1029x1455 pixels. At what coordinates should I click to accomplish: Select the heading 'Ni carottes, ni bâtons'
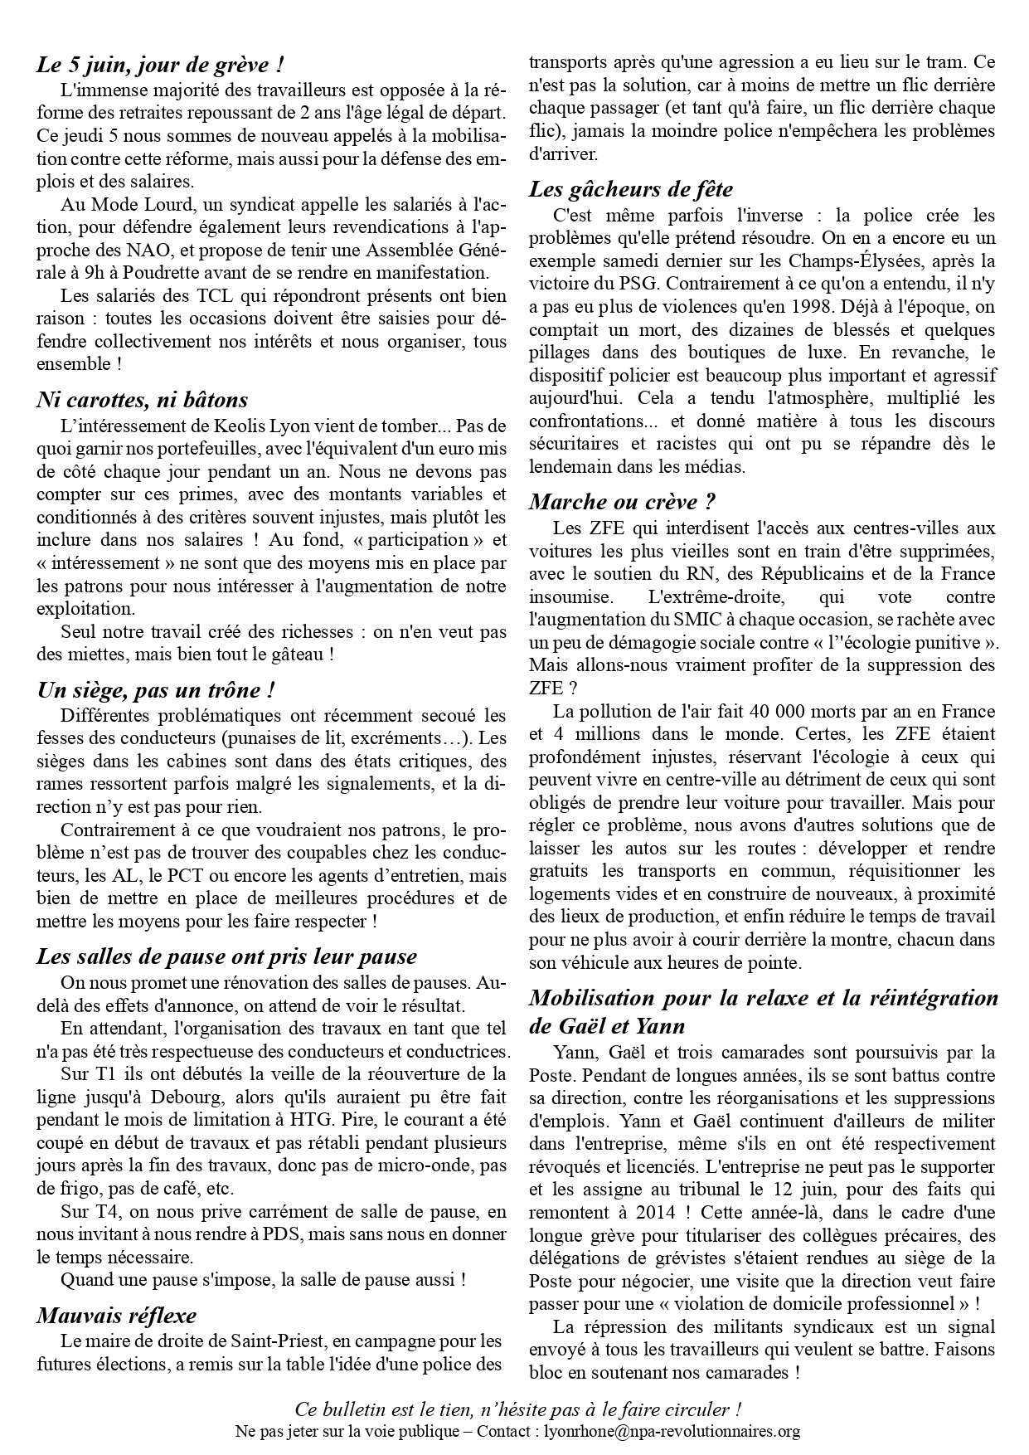click(x=142, y=400)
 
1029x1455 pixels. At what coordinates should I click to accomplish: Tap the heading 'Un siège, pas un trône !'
click(x=156, y=690)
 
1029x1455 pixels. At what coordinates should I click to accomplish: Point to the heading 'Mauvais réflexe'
click(x=116, y=1316)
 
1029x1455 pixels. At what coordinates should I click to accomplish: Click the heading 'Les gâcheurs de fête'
click(x=631, y=190)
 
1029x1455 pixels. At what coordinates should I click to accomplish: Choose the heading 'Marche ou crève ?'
click(x=622, y=502)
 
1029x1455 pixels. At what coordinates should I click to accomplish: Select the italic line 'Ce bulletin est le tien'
click(x=517, y=1410)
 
